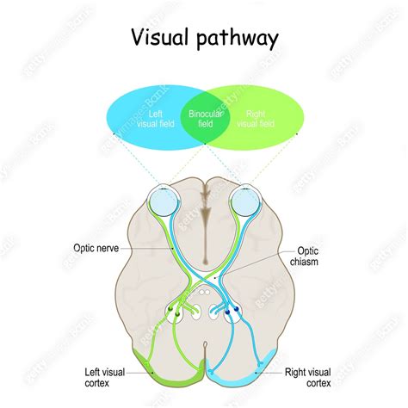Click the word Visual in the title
coord(158,39)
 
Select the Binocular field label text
coord(203,117)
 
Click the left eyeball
coord(162,202)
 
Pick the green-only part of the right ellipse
coord(275,129)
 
